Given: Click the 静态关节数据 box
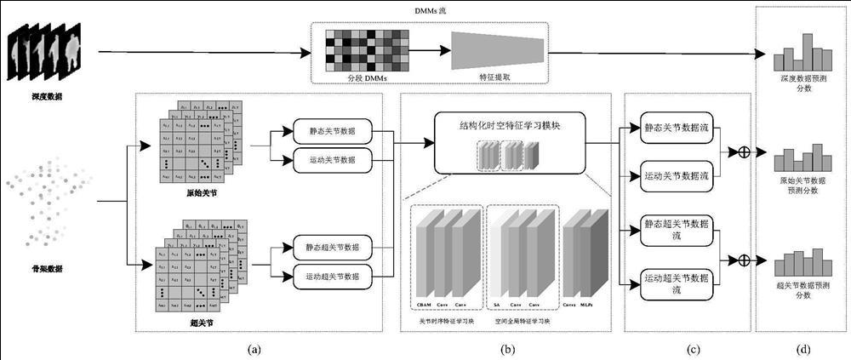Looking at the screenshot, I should click(329, 133).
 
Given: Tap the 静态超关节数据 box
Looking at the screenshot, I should click(329, 247).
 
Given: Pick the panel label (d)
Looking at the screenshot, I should click(802, 349).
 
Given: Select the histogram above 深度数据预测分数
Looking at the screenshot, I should click(801, 54).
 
